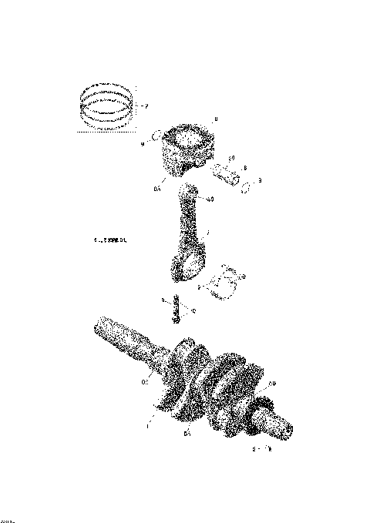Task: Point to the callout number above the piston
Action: pos(216,119)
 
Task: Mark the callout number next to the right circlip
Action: pos(260,181)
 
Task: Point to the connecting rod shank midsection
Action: pos(189,227)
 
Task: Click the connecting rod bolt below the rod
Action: pos(177,310)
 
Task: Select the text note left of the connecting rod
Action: pos(109,240)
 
